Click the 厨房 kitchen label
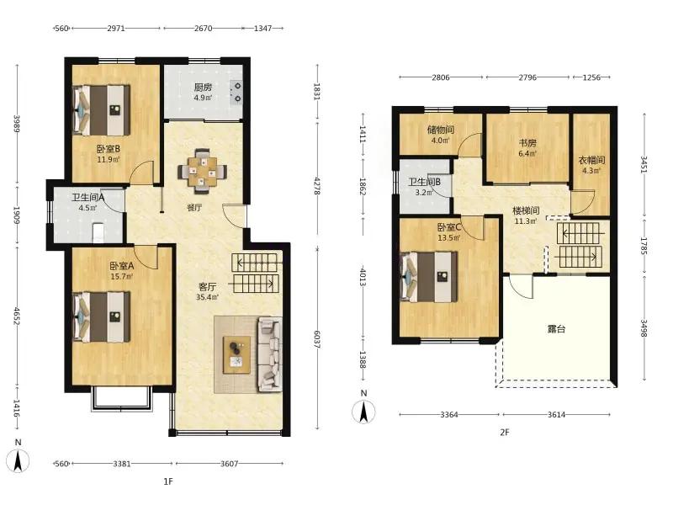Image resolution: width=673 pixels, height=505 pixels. (x=203, y=88)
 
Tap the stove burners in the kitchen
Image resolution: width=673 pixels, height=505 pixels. (x=236, y=93)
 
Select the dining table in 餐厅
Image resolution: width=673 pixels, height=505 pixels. (x=203, y=171)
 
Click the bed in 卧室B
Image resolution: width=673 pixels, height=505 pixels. (x=102, y=110)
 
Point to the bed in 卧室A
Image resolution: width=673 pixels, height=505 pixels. (x=102, y=317)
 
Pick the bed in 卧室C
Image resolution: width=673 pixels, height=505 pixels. (x=429, y=277)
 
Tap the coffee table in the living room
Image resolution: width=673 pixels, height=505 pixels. (x=236, y=355)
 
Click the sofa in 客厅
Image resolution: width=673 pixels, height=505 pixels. (x=269, y=354)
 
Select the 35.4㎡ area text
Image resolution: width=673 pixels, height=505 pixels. (x=207, y=297)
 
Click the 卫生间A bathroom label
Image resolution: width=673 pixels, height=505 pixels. (x=88, y=198)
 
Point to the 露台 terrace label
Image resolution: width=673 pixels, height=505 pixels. (x=556, y=329)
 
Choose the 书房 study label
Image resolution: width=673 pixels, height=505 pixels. (x=527, y=143)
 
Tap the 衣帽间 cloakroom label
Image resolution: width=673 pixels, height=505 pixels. (x=591, y=160)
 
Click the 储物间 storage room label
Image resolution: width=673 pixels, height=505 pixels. (x=440, y=130)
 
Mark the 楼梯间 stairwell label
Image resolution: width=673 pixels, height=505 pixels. (x=527, y=211)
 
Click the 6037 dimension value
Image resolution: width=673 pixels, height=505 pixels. (x=317, y=339)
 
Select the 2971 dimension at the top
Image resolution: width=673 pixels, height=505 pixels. (x=116, y=29)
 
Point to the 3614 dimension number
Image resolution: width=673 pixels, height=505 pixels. (x=556, y=415)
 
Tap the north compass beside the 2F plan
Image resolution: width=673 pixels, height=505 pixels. (x=363, y=412)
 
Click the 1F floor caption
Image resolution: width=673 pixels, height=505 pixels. (x=168, y=481)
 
